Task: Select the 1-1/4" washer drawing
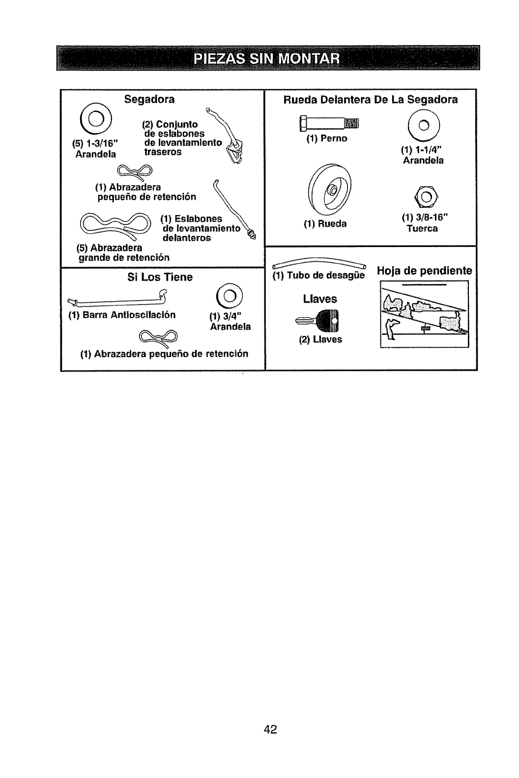point(424,126)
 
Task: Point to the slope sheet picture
point(425,313)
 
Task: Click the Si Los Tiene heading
point(160,277)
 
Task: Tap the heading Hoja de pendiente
point(424,271)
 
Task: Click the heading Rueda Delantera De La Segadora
point(371,99)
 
